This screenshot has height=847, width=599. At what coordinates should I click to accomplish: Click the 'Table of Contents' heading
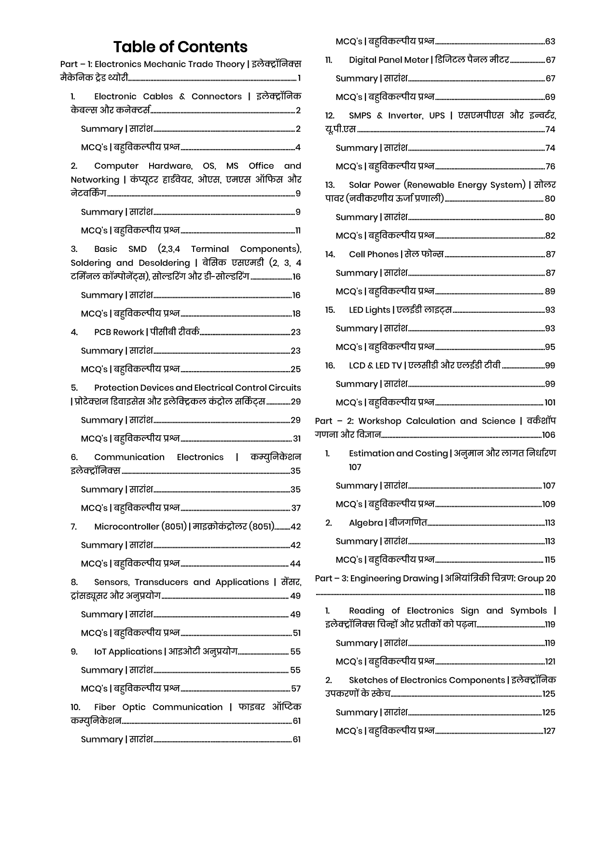point(180,47)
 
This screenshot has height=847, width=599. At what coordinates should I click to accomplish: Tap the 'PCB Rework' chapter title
point(119,332)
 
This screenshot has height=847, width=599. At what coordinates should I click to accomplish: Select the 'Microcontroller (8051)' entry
point(140,527)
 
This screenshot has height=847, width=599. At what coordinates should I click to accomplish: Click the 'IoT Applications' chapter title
point(128,652)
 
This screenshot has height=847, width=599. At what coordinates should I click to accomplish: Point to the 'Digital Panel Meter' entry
point(389,60)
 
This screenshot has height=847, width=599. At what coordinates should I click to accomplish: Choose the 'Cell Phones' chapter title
point(374,254)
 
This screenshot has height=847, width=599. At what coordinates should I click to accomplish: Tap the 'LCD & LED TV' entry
point(375,365)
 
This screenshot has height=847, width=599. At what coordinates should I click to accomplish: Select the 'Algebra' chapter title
point(365,523)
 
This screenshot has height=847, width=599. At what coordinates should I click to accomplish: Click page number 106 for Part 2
point(549,435)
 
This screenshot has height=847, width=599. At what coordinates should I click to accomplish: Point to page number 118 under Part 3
point(550,592)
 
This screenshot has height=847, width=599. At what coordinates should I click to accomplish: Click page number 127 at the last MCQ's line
point(549,731)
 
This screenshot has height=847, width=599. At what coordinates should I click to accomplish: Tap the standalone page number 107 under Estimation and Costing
point(355,467)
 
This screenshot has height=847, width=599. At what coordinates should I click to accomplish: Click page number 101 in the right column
point(550,403)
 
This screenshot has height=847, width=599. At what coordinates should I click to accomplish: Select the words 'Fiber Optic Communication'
point(158,707)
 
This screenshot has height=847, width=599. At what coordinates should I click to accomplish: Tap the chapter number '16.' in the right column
point(330,365)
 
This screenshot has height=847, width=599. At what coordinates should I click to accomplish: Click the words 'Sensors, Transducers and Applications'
point(181,582)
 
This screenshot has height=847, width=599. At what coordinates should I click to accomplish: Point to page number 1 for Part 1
point(299,78)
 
